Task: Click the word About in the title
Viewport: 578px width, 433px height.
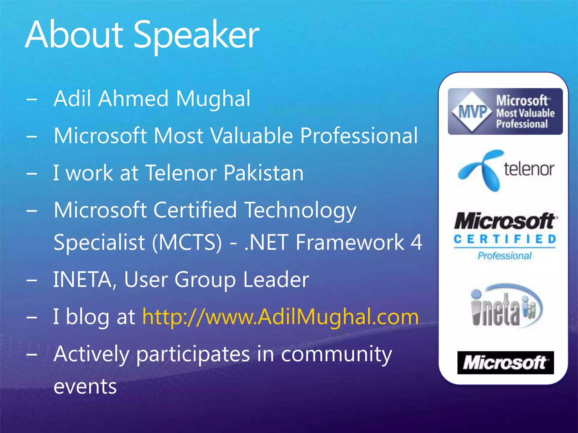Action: (x=74, y=35)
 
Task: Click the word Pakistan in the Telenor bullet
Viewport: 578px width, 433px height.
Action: (x=264, y=173)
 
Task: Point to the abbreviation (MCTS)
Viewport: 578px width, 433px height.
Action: (x=187, y=242)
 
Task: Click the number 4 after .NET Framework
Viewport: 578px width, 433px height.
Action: (x=416, y=242)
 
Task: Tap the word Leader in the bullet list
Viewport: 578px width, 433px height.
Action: (x=276, y=280)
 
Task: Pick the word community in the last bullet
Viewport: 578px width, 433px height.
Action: (x=336, y=354)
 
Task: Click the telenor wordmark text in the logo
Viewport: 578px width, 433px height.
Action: (x=529, y=169)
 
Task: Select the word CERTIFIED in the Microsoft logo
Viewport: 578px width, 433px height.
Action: (x=505, y=239)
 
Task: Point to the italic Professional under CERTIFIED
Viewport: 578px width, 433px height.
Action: (x=505, y=256)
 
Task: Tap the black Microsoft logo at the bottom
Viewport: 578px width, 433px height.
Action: (x=505, y=363)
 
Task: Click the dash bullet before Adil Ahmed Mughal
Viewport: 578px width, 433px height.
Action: (x=32, y=99)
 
